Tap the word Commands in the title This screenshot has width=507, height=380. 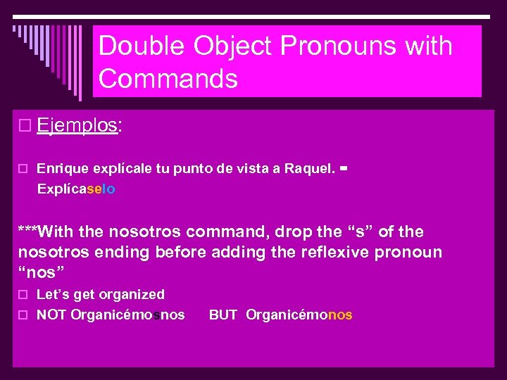point(168,79)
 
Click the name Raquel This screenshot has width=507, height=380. point(308,169)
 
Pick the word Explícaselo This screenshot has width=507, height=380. point(76,189)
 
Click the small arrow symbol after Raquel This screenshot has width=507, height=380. point(344,169)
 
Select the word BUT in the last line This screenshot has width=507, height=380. point(223,315)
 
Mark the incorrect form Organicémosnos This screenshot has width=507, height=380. point(128,315)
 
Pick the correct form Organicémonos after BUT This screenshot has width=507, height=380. point(299,315)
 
